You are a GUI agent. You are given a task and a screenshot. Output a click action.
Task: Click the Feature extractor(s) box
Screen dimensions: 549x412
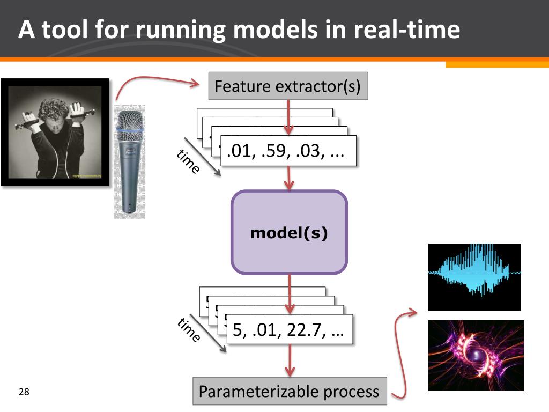tap(288, 86)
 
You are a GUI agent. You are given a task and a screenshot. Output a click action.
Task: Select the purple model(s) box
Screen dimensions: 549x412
tap(290, 233)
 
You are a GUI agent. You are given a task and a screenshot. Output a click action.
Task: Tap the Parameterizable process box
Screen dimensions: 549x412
tap(289, 392)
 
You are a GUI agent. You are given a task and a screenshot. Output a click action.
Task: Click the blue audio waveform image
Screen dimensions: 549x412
tap(474, 277)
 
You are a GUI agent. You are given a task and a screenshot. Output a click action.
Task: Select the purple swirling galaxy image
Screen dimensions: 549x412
tap(476, 355)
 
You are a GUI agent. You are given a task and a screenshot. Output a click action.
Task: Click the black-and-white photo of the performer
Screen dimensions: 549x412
tap(55, 132)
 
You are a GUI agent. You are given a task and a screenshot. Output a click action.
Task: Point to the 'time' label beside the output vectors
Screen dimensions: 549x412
tap(188, 331)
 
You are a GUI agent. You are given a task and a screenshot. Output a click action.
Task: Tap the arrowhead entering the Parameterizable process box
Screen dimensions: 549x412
tap(290, 371)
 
